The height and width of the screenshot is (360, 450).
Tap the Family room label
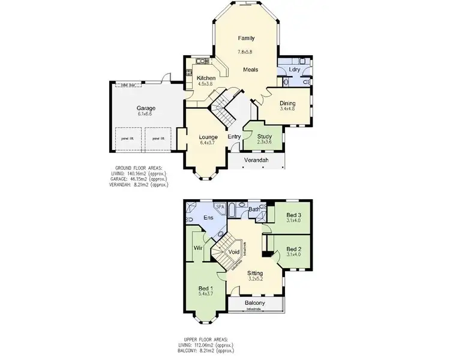(x=246, y=38)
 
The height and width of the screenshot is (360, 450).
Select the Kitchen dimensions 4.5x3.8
(x=206, y=84)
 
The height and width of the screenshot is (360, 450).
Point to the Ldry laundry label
(x=294, y=70)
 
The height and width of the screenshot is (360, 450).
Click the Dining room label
(x=288, y=103)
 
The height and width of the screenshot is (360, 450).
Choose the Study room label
(x=264, y=136)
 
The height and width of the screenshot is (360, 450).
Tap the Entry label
(x=234, y=137)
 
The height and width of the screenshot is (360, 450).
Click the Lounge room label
(x=208, y=137)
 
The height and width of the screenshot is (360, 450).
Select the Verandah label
(x=256, y=161)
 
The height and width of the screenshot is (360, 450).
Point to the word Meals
(x=250, y=70)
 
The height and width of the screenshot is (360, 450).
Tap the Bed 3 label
(x=293, y=215)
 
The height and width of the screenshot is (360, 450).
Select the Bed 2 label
(x=293, y=249)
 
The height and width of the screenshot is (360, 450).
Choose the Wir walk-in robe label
(x=196, y=247)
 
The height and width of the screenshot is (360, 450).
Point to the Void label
(x=235, y=251)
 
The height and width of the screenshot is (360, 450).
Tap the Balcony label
(x=256, y=304)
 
